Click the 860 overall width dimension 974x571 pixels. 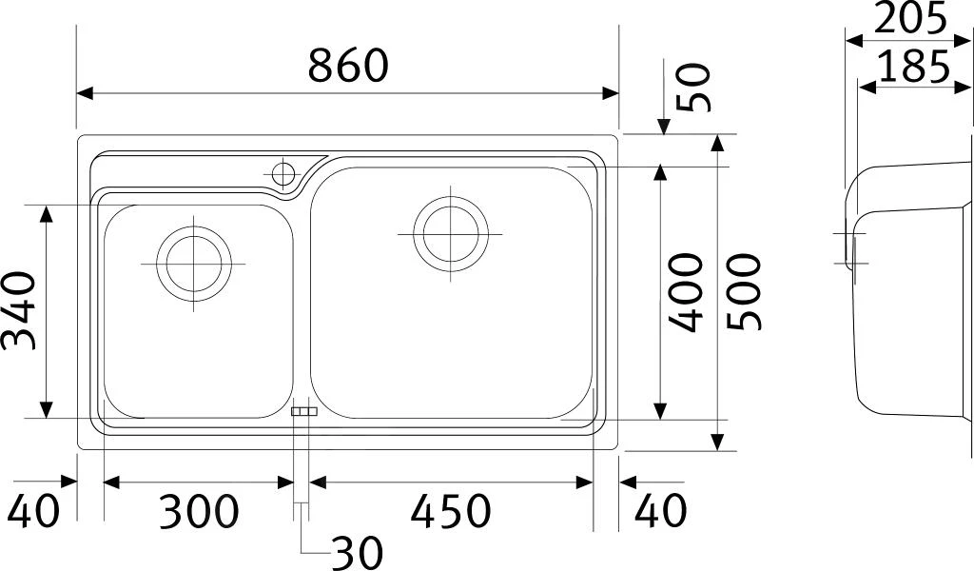point(349,65)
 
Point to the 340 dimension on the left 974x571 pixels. point(18,310)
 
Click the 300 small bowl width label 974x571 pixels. point(198,512)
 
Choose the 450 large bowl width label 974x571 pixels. point(451,512)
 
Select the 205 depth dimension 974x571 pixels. point(910,18)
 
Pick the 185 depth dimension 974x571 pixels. point(913,67)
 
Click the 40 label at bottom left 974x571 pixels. point(34,512)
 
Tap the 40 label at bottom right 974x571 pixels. point(660,512)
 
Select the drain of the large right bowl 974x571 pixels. point(451,232)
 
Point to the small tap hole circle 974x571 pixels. point(282,174)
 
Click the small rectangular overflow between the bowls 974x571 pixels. point(303,411)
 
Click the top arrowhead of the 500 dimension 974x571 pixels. point(719,142)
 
